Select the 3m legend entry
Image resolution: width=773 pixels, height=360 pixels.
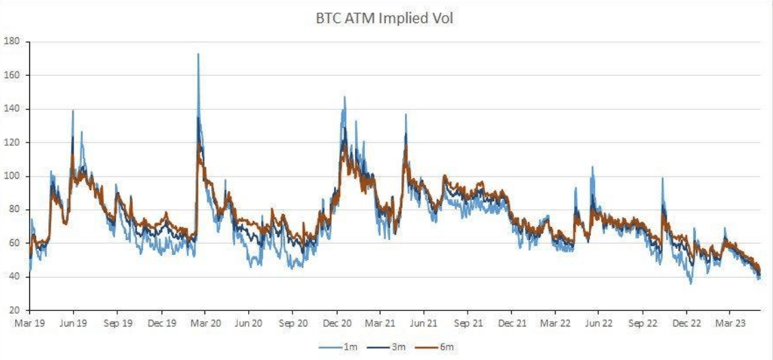[397, 348]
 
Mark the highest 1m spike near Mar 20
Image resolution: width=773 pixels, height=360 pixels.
[198, 54]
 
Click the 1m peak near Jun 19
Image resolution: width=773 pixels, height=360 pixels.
[73, 110]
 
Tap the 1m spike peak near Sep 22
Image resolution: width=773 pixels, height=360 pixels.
[662, 179]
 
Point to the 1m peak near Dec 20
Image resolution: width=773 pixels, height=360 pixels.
[344, 97]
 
